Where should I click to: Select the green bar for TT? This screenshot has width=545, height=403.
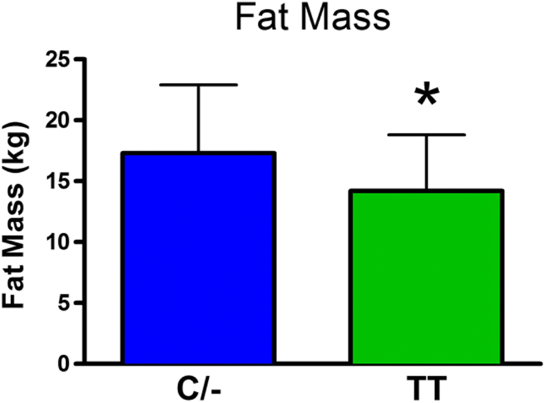426,277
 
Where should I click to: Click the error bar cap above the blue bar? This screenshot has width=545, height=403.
199,85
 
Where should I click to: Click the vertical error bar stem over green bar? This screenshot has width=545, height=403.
426,162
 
